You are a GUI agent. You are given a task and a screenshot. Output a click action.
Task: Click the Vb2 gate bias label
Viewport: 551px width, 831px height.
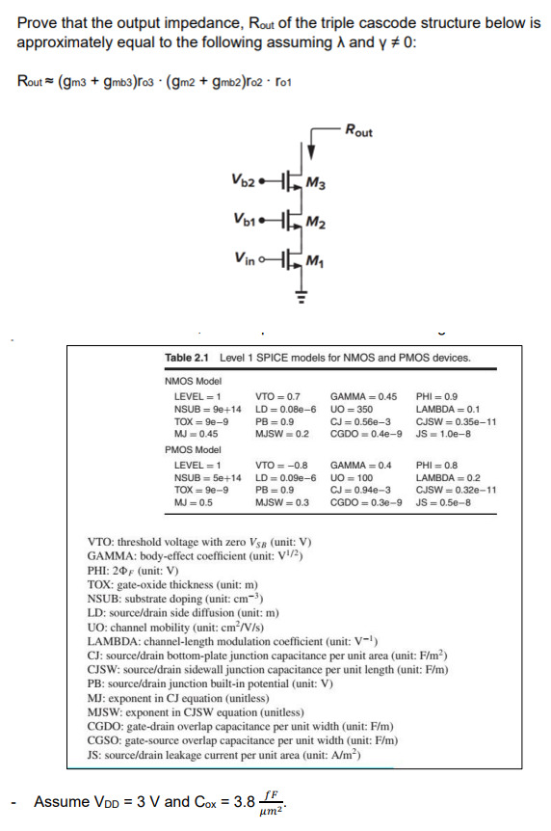244,179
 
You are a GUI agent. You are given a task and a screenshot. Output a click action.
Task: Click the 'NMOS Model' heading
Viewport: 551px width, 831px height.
195,381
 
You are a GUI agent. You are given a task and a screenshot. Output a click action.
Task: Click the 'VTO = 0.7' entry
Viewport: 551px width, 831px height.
277,396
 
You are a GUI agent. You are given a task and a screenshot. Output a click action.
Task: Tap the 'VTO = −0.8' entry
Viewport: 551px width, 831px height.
280,465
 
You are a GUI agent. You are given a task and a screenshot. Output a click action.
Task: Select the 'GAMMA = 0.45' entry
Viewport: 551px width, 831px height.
363,396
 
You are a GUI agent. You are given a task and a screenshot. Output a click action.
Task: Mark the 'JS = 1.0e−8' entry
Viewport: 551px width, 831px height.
440,433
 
